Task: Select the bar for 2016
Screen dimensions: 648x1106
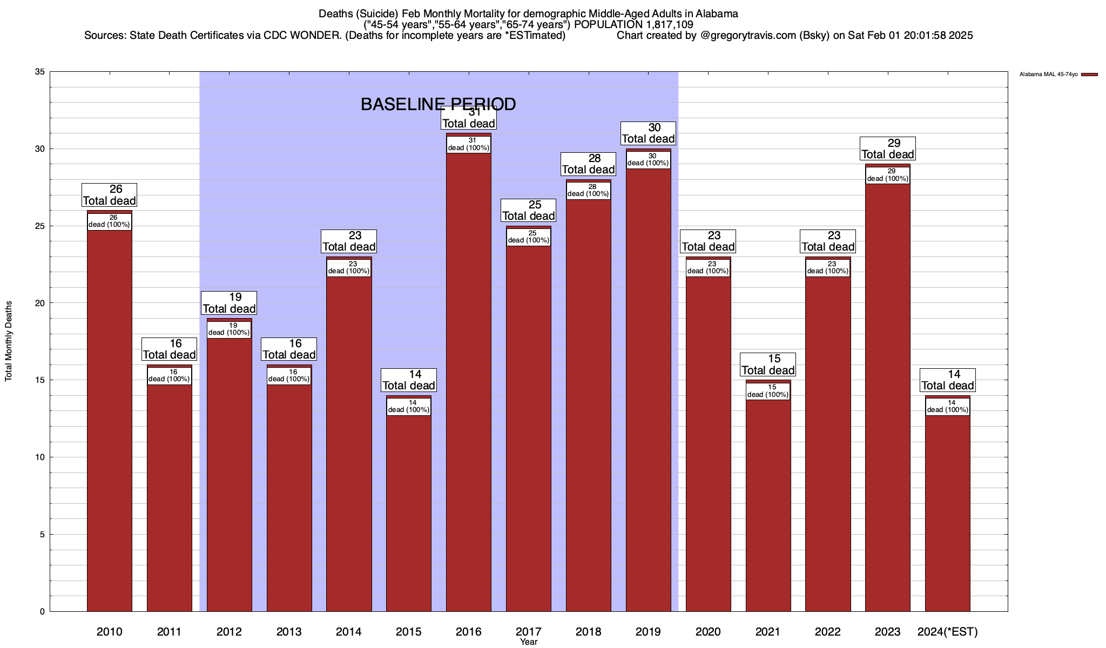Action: coord(469,378)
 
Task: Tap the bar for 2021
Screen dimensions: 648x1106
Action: coord(768,502)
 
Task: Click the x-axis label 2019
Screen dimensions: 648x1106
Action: coord(648,632)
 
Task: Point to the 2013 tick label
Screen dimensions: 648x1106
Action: coord(289,632)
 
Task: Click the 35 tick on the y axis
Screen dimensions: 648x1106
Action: coord(39,72)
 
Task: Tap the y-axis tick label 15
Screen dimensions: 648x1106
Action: coord(39,380)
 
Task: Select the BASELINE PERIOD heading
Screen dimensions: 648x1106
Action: coord(438,104)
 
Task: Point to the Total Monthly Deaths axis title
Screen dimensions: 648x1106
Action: coord(9,341)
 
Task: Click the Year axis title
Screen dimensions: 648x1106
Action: coord(529,642)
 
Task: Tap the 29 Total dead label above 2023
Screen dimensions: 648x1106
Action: coord(888,148)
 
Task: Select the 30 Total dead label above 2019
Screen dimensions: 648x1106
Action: coord(648,133)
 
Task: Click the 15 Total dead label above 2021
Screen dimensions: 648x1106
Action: coord(768,364)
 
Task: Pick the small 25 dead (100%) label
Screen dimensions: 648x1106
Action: coord(529,237)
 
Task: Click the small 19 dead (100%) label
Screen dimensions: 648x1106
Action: coord(229,329)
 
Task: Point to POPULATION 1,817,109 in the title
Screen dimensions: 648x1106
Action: coord(633,25)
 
